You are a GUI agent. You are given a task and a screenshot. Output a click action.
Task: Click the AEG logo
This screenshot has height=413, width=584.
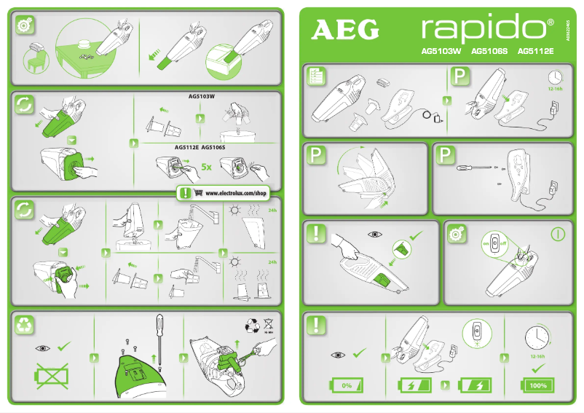coord(346,30)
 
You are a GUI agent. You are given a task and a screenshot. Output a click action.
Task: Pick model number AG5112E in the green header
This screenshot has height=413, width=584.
coord(535,52)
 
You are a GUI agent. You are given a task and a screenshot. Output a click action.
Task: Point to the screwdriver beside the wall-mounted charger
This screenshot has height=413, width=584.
coord(470,168)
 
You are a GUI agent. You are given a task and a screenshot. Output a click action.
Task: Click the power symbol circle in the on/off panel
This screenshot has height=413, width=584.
coord(558,235)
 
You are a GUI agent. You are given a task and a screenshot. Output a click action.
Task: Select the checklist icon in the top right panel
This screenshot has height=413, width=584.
coord(316,76)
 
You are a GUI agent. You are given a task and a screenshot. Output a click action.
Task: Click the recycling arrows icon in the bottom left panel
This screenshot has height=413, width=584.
coord(25,326)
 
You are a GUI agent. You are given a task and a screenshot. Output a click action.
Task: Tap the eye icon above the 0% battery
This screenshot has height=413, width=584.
coord(338,354)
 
